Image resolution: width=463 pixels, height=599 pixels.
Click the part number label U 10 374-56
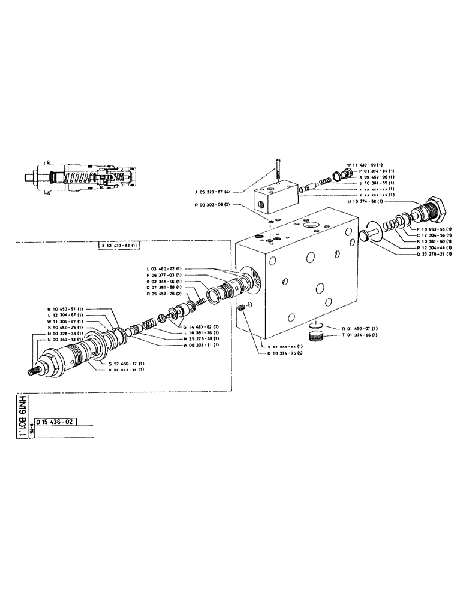[x=367, y=201]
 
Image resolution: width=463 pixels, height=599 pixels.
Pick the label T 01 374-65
[x=360, y=335]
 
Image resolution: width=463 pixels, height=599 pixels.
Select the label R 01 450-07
[x=360, y=329]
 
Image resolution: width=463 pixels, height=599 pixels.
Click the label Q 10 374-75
[x=285, y=353]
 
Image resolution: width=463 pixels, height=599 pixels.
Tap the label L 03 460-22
[x=166, y=268]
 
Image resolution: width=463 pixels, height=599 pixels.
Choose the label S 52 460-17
[x=127, y=364]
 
